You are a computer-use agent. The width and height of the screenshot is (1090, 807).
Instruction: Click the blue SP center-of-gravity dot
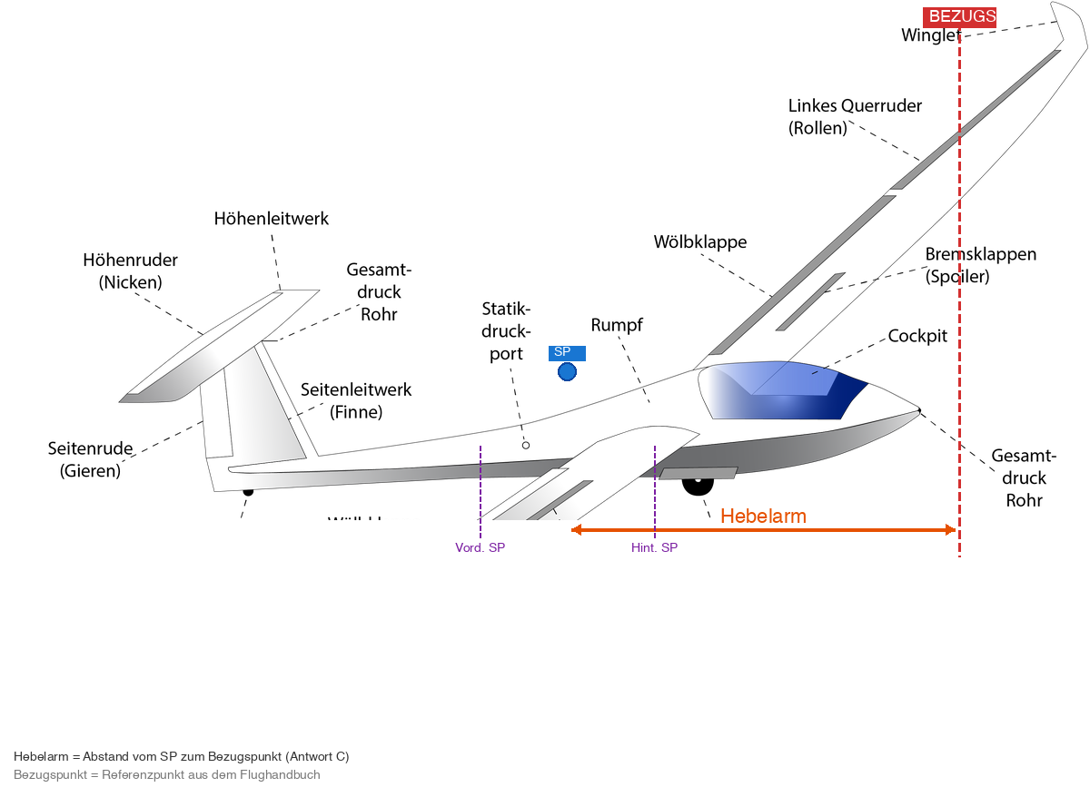click(x=568, y=371)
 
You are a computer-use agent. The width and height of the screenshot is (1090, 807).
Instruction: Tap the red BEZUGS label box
click(x=959, y=16)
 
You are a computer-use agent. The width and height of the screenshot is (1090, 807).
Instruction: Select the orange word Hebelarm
click(x=763, y=517)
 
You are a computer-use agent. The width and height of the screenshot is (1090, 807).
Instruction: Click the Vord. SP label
click(x=480, y=547)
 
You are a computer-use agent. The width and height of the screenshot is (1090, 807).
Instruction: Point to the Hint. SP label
click(x=654, y=547)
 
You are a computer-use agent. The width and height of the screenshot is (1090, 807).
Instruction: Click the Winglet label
click(x=929, y=35)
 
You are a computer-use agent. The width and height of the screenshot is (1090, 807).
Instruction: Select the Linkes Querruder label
click(x=854, y=116)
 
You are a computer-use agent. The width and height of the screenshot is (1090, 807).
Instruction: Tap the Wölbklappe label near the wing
click(x=699, y=242)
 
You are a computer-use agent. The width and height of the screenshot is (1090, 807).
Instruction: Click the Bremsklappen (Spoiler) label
click(x=980, y=265)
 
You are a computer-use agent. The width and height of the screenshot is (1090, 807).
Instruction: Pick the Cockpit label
click(x=917, y=336)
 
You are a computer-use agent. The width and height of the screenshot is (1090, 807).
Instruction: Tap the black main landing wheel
click(x=697, y=485)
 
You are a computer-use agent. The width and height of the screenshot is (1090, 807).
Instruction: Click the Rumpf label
click(x=617, y=325)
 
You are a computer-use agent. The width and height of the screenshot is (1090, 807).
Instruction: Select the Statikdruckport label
click(x=506, y=331)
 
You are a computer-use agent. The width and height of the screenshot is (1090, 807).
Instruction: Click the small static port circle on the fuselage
click(x=525, y=445)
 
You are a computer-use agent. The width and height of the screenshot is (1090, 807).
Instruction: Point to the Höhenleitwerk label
click(x=272, y=219)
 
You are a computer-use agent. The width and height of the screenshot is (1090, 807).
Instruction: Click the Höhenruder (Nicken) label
click(x=130, y=271)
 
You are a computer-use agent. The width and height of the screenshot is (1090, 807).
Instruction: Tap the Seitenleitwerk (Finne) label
click(x=355, y=400)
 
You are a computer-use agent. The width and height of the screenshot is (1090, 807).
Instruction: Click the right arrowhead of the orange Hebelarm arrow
click(x=950, y=530)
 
